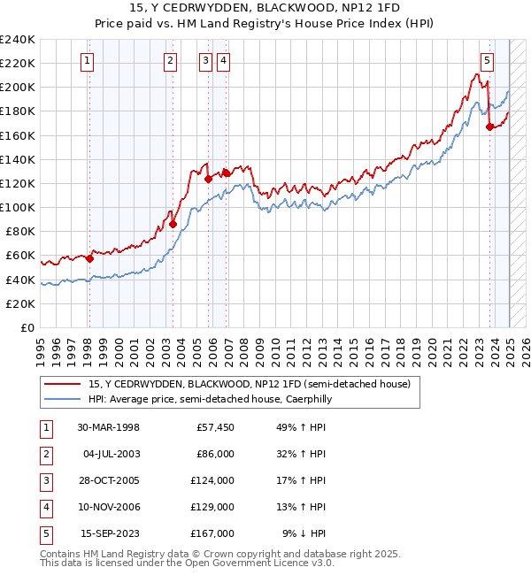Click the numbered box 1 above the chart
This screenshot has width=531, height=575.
pyautogui.click(x=88, y=61)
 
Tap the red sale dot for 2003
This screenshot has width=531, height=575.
pyautogui.click(x=173, y=224)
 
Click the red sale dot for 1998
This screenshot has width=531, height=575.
pyautogui.click(x=89, y=258)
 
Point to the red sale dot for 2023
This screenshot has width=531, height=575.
pyautogui.click(x=489, y=126)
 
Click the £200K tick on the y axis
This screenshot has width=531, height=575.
pyautogui.click(x=17, y=88)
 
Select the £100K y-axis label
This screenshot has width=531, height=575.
pyautogui.click(x=17, y=208)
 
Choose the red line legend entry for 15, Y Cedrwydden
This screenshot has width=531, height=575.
pyautogui.click(x=249, y=385)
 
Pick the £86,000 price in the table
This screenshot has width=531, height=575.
pyautogui.click(x=214, y=454)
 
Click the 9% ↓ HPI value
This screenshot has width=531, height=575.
pyautogui.click(x=304, y=533)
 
